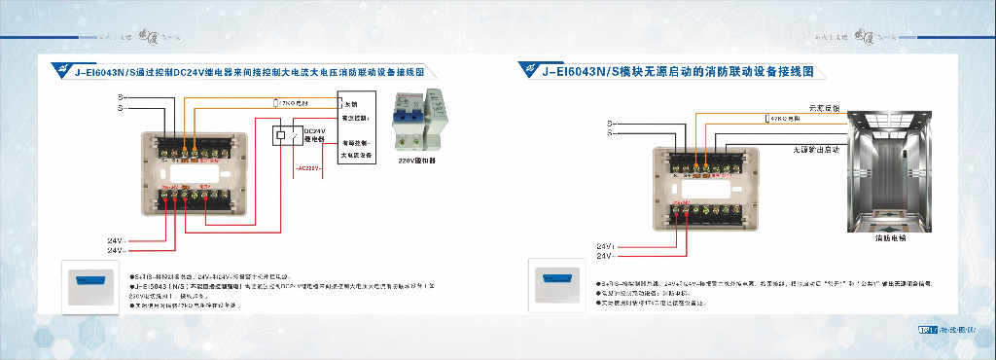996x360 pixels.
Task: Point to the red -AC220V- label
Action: [307, 167]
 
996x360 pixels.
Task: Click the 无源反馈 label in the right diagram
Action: [823, 107]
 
